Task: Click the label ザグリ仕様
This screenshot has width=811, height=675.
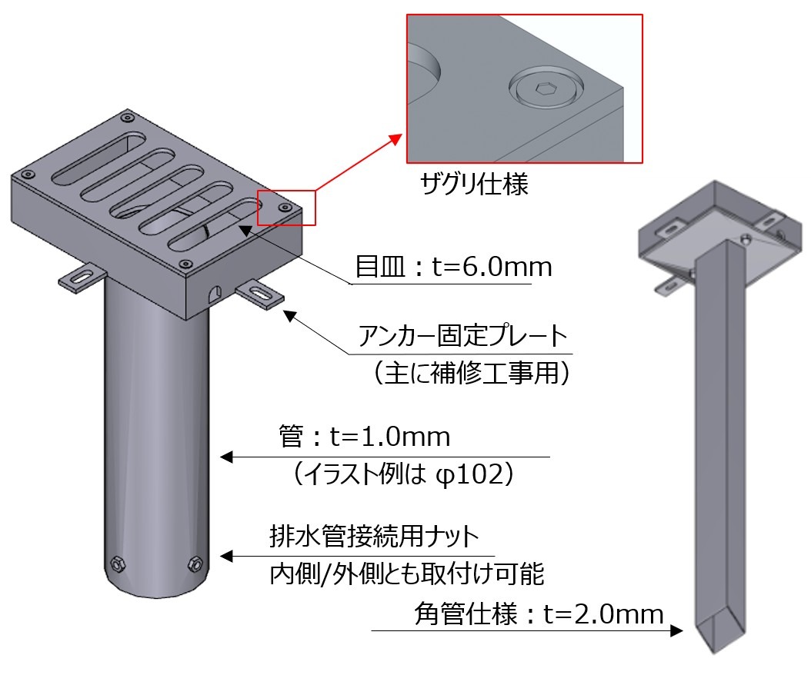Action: coord(474,185)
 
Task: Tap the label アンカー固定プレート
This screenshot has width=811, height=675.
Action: coord(462,337)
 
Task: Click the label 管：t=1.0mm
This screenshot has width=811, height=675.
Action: coord(364,437)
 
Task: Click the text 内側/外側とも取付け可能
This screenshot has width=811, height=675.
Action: coord(407,573)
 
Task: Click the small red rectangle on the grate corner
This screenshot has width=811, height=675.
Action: coord(286,208)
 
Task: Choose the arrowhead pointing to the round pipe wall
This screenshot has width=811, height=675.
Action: coord(226,457)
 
